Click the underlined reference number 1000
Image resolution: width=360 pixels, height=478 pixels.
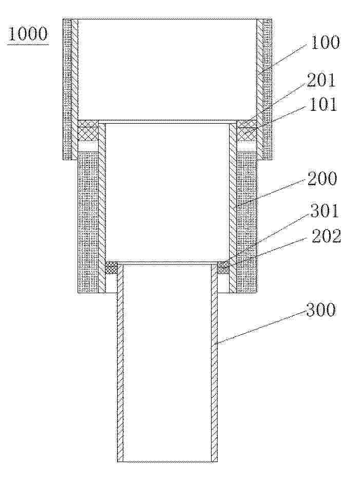tap(28, 34)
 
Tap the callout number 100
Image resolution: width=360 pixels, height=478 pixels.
tap(325, 43)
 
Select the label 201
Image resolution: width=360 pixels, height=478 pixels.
tap(320, 81)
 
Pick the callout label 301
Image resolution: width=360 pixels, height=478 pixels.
tap(325, 211)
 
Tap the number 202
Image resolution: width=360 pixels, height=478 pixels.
tap(326, 236)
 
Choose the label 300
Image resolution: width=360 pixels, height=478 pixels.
tap(321, 310)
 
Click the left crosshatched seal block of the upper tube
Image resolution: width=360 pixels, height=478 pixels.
tap(88, 130)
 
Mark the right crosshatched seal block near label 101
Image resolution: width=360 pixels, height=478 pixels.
tap(247, 130)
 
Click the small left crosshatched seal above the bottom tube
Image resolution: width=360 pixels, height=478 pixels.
tap(111, 267)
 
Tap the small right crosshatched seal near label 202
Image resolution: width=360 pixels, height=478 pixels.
tap(223, 267)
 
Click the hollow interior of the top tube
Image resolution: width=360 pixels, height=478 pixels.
tap(167, 69)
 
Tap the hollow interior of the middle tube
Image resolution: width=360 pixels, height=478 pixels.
tap(167, 192)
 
